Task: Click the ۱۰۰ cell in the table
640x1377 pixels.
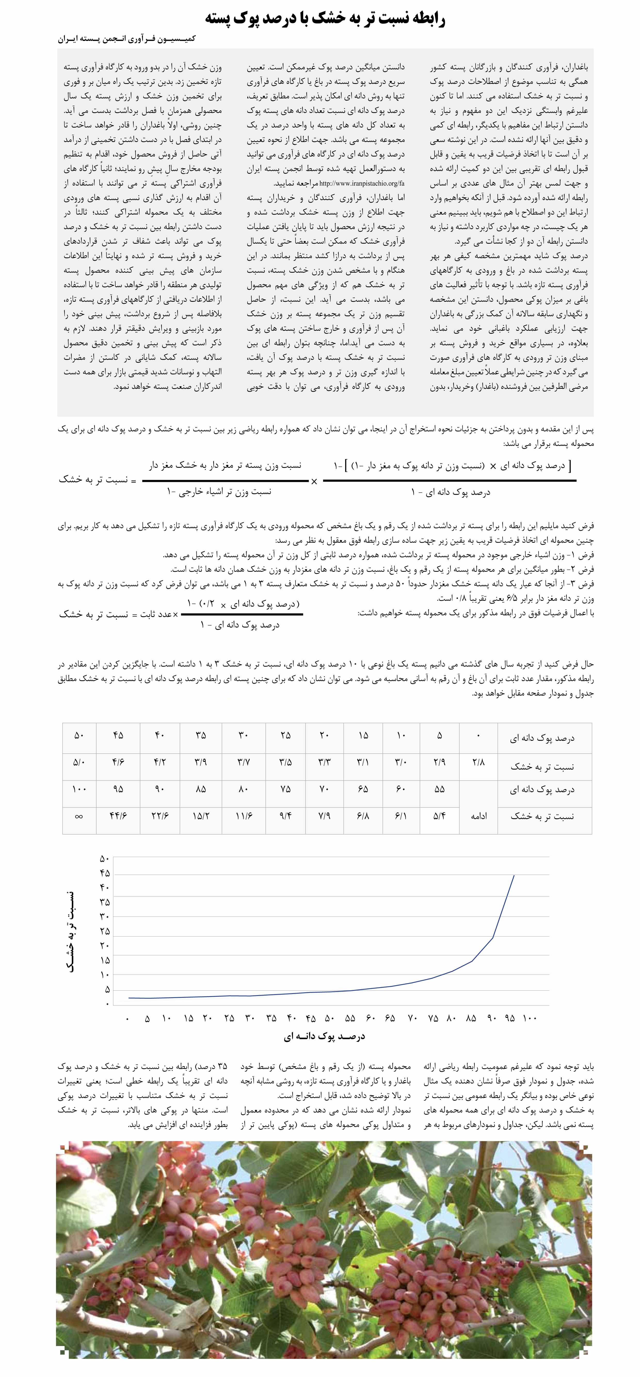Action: [79, 789]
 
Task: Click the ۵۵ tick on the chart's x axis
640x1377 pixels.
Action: [350, 1018]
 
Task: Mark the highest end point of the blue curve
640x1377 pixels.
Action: [514, 875]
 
